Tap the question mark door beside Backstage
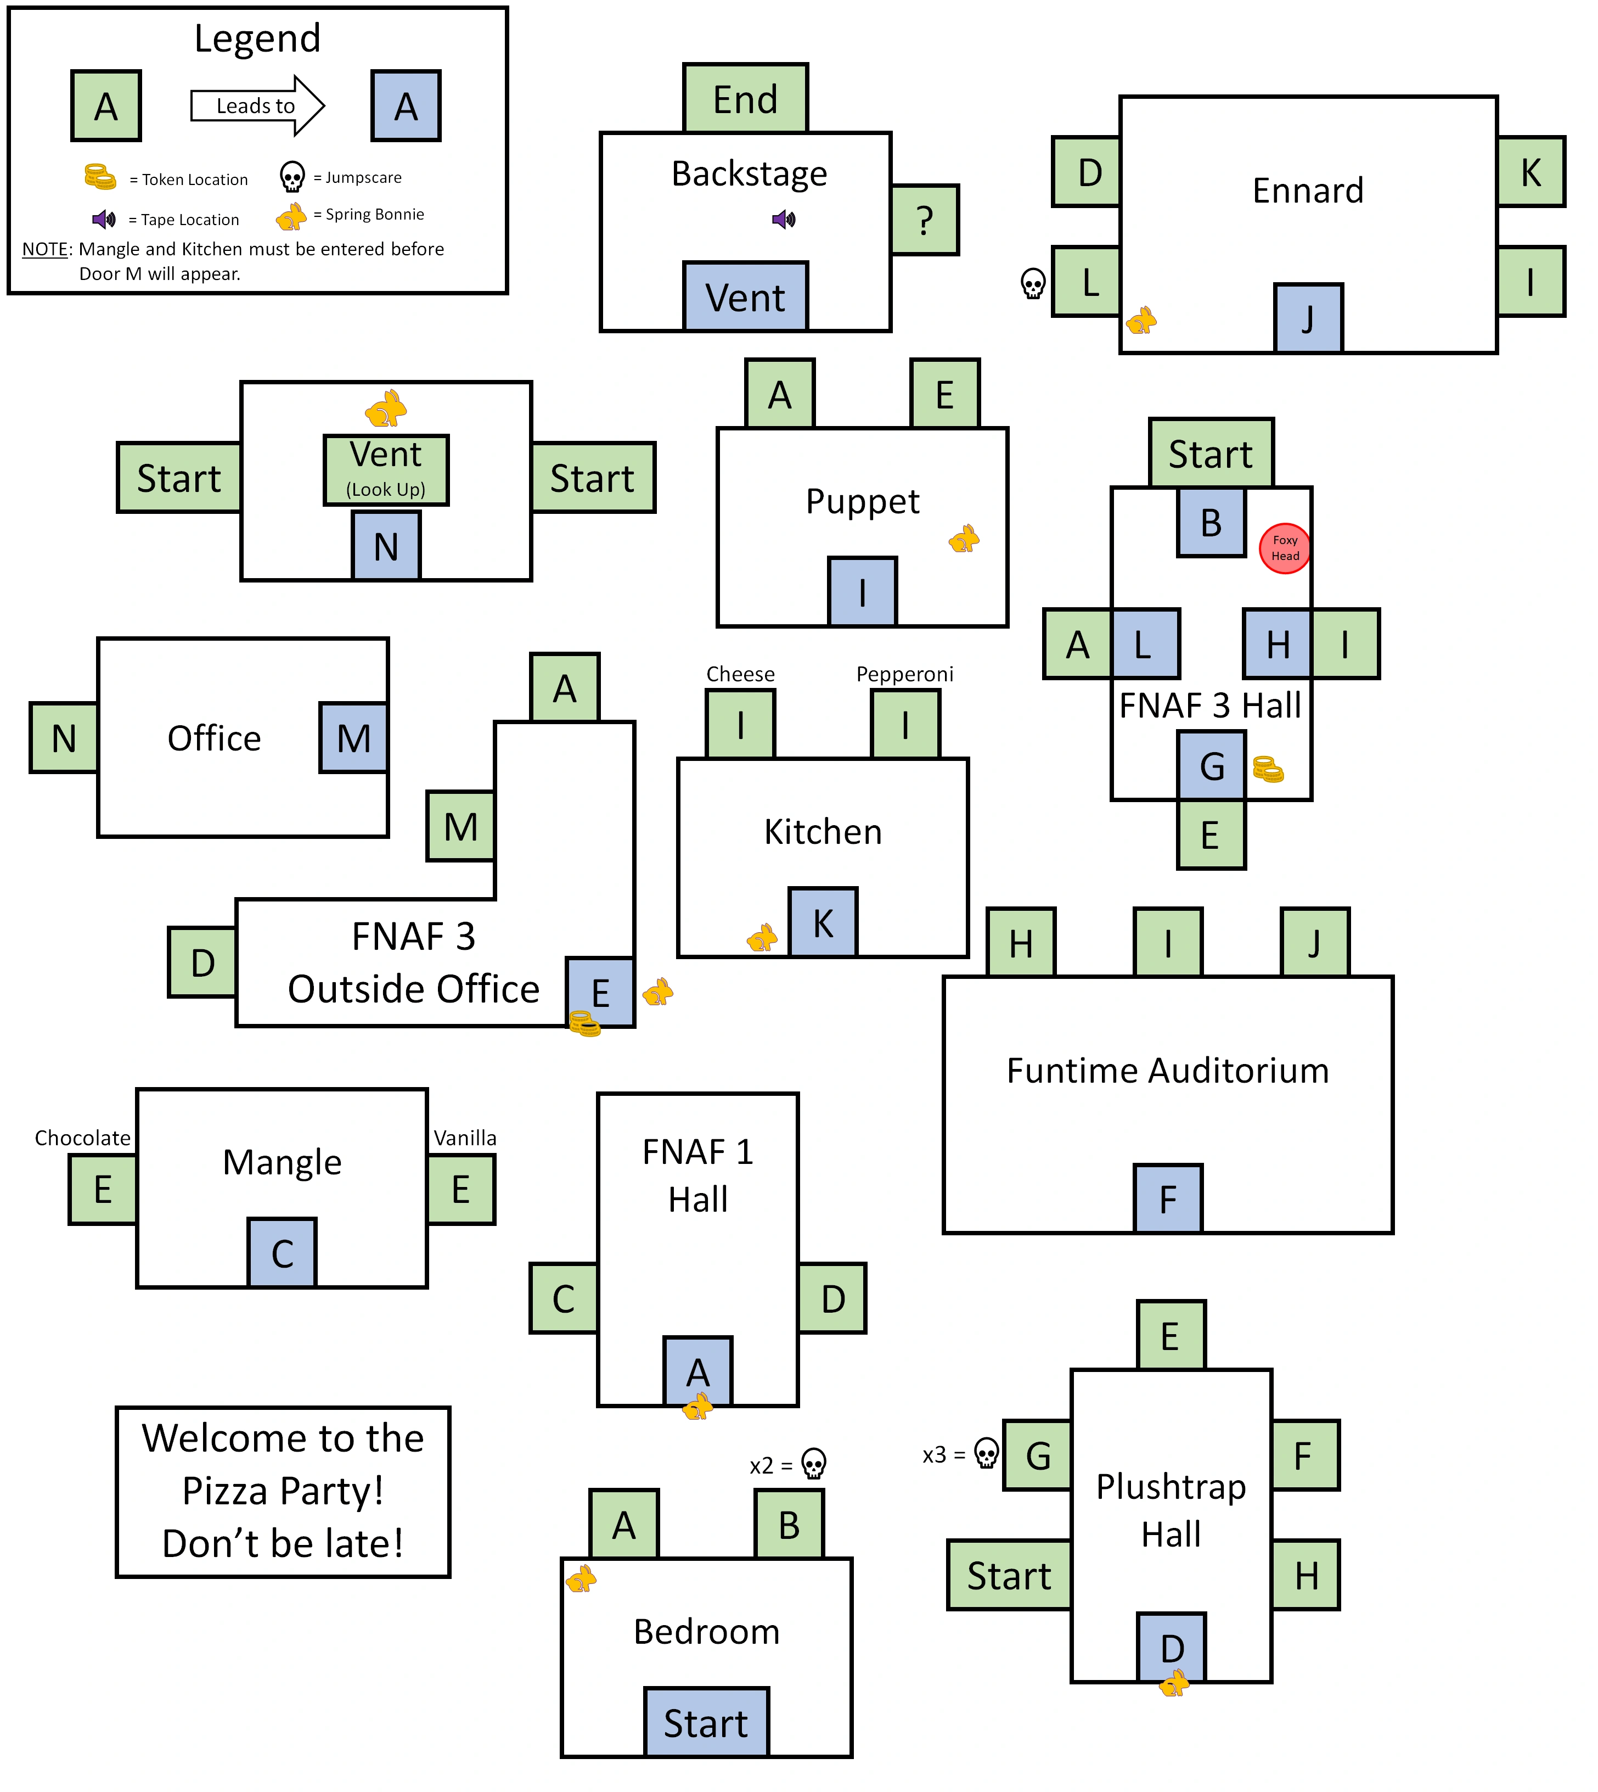click(x=925, y=220)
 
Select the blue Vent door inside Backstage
click(x=745, y=297)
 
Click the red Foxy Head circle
click(x=1285, y=548)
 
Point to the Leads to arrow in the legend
click(x=257, y=105)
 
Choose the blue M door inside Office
click(x=353, y=738)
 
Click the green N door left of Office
click(x=63, y=738)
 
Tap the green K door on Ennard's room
click(x=1531, y=172)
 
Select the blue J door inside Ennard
click(x=1307, y=318)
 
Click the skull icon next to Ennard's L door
click(x=1033, y=283)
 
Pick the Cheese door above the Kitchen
click(x=740, y=725)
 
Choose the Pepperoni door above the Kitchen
click(x=905, y=725)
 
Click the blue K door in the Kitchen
click(x=823, y=922)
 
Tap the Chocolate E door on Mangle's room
click(x=103, y=1189)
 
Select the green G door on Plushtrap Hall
click(x=1037, y=1455)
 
